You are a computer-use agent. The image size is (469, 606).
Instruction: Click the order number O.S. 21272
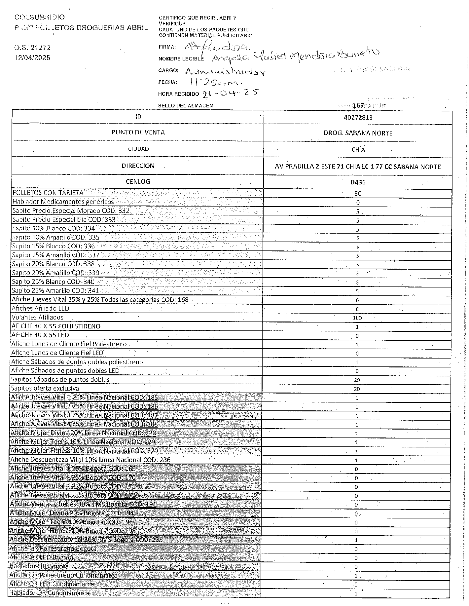(x=32, y=48)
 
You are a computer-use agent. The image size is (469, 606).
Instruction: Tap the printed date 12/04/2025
(x=32, y=58)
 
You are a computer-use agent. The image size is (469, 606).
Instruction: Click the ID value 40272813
(x=358, y=117)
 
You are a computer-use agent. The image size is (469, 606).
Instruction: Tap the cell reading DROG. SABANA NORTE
(x=358, y=133)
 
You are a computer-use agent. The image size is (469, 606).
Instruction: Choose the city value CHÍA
(x=358, y=150)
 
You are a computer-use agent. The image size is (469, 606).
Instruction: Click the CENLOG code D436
(x=358, y=182)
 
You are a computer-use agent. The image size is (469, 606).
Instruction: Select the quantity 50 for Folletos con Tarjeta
(x=358, y=194)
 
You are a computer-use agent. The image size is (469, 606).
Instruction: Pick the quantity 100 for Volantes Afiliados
(x=357, y=318)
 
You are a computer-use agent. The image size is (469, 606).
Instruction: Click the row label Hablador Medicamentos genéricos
(x=63, y=202)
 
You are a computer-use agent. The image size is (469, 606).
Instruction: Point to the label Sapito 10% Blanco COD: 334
(x=54, y=228)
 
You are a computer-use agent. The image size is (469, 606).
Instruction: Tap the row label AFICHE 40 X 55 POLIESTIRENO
(x=56, y=326)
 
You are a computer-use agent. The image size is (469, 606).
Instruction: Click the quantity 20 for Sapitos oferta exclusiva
(x=357, y=389)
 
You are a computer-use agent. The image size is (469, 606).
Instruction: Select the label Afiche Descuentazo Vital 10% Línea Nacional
(x=90, y=460)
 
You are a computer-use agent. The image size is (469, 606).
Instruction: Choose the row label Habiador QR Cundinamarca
(x=50, y=593)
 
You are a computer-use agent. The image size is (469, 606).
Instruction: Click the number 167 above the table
(x=358, y=105)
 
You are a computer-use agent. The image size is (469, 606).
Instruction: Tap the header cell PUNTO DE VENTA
(x=138, y=133)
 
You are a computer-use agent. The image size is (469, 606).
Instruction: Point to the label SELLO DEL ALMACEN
(x=185, y=105)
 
